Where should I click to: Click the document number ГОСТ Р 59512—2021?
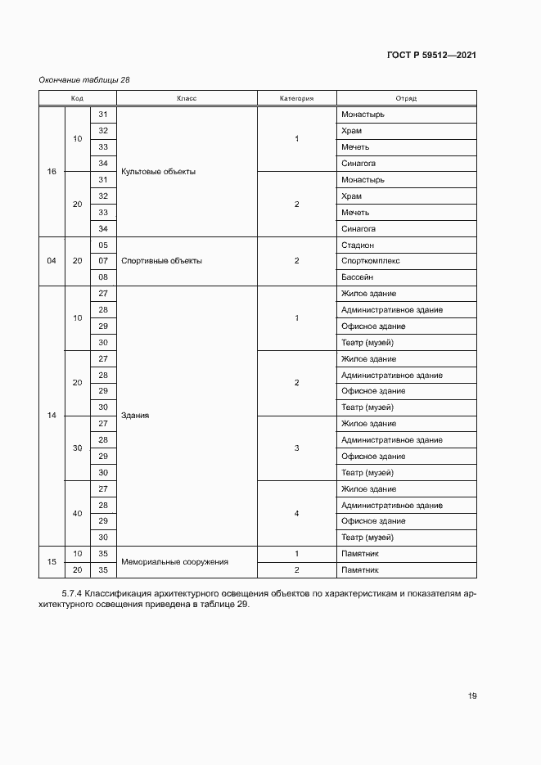(x=431, y=56)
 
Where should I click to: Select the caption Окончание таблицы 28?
(x=84, y=79)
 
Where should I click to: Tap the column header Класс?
(x=187, y=98)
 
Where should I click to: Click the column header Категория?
(x=296, y=98)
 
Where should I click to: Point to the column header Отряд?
(x=406, y=98)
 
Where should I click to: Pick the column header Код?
(x=77, y=98)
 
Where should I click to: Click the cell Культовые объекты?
(x=158, y=172)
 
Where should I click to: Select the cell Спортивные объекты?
(x=161, y=261)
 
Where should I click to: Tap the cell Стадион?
(x=358, y=245)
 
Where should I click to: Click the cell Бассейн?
(x=357, y=277)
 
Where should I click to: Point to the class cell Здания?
(x=135, y=416)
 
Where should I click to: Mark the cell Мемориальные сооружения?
(x=174, y=562)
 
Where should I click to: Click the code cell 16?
(x=52, y=172)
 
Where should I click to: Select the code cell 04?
(x=52, y=261)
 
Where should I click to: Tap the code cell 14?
(x=52, y=416)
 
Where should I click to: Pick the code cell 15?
(x=52, y=562)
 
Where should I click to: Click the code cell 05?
(x=103, y=245)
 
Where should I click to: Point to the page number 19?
(x=472, y=696)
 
